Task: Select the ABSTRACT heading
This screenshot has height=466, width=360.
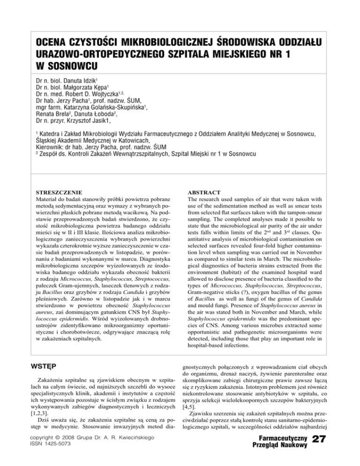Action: pyautogui.click(x=203, y=192)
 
